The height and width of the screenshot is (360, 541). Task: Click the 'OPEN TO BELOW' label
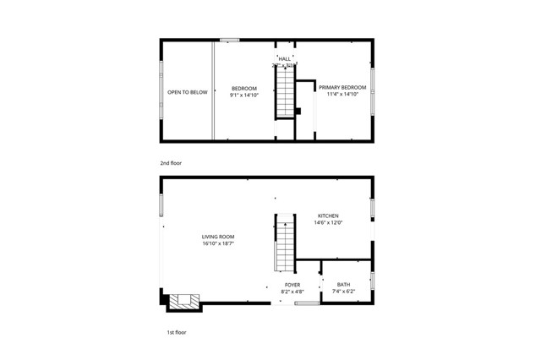click(187, 92)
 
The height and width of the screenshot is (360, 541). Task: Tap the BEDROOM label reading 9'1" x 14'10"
click(243, 88)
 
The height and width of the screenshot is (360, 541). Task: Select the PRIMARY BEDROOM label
click(342, 87)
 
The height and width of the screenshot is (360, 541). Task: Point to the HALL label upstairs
click(285, 58)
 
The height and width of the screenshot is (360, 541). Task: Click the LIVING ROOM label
click(217, 236)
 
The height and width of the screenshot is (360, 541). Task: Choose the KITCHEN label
click(329, 215)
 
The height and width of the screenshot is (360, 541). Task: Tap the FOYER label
click(292, 285)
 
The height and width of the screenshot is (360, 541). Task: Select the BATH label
click(343, 285)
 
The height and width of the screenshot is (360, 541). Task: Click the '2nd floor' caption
click(171, 162)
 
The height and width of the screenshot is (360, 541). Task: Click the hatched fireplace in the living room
click(184, 300)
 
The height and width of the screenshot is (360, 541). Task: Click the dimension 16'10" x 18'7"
click(217, 243)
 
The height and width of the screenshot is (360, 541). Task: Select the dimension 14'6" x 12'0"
click(329, 223)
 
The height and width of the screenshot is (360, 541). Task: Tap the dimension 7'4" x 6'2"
click(343, 292)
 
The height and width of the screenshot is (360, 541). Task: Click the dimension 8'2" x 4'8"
click(292, 292)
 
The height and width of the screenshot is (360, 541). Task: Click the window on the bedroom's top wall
click(229, 40)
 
